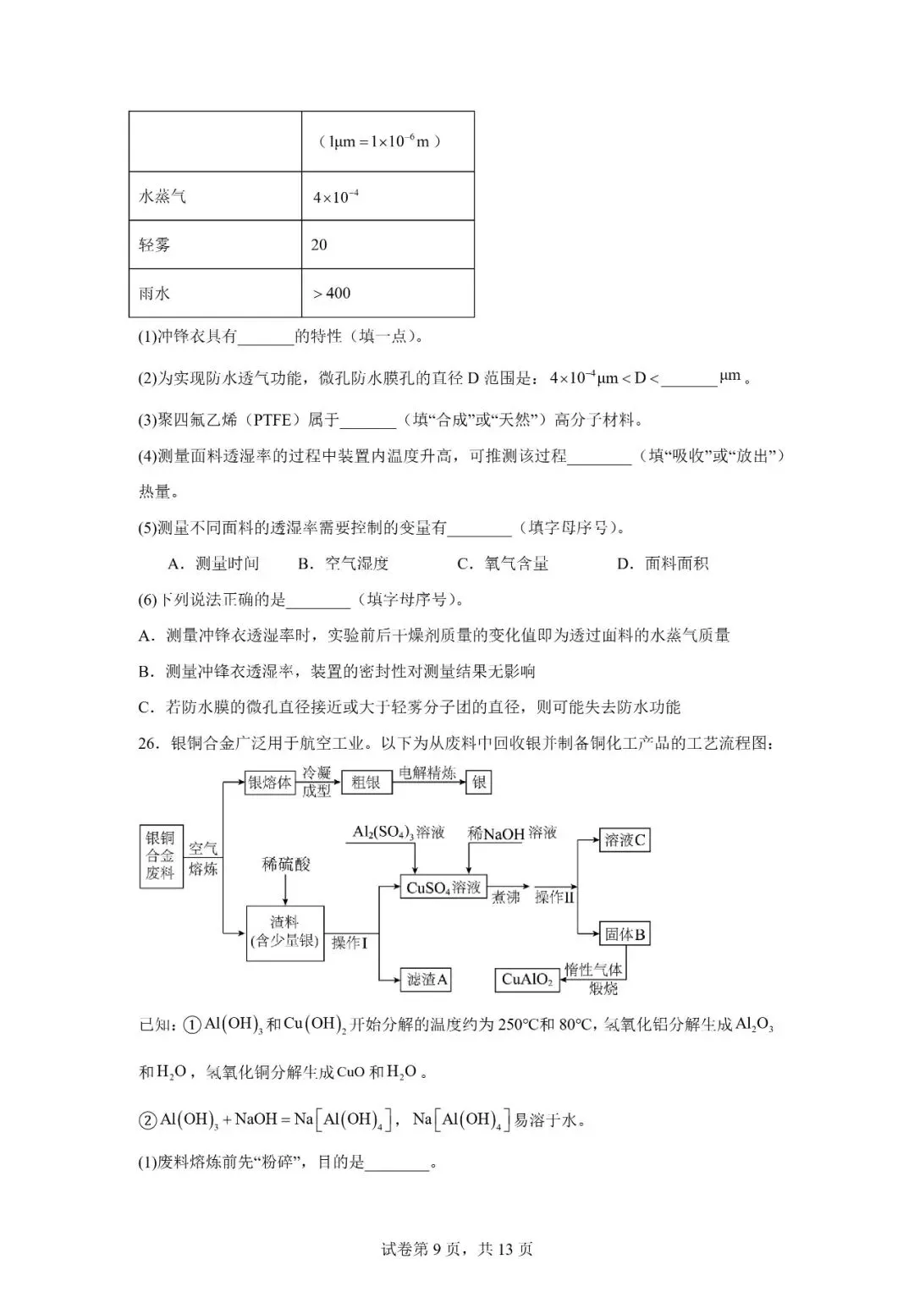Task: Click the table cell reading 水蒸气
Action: click(215, 196)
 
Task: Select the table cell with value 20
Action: click(388, 245)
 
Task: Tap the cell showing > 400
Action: click(388, 293)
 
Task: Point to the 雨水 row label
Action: click(215, 293)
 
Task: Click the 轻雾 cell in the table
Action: click(215, 245)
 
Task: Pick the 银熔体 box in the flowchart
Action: click(270, 783)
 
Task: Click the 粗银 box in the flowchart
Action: click(366, 783)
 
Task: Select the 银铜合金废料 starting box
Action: click(160, 855)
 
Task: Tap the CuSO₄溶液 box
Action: click(443, 888)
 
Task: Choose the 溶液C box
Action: click(625, 840)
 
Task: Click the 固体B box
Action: click(625, 935)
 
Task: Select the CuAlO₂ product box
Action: click(526, 980)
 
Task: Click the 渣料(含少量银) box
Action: click(285, 932)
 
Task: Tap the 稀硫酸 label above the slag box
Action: click(285, 864)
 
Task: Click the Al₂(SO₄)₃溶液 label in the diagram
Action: click(398, 833)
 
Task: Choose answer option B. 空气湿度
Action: click(343, 564)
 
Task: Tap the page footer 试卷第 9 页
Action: click(457, 1249)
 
